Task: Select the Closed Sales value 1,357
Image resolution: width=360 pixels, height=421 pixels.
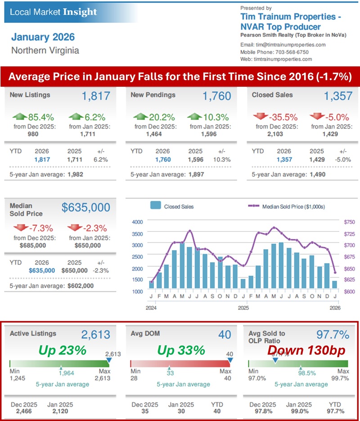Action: (x=337, y=96)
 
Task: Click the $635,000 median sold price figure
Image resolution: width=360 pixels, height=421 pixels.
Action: (x=85, y=207)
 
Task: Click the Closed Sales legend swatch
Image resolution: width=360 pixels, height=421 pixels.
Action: (x=156, y=206)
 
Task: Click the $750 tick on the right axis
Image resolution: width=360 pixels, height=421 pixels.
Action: (x=336, y=222)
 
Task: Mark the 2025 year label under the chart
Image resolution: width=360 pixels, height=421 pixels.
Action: (x=243, y=308)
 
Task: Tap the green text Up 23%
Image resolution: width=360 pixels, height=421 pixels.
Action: (x=62, y=350)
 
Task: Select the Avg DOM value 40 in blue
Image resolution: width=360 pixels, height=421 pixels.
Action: (x=225, y=334)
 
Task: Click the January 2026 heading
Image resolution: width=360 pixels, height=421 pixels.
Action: (x=43, y=37)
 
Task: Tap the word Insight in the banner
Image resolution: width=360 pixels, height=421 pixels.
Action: (x=80, y=12)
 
